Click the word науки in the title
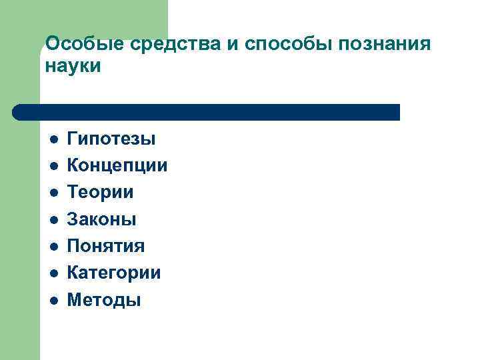click(73, 67)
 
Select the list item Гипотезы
click(111, 139)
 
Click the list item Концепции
click(117, 165)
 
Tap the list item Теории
click(100, 192)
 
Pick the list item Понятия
click(105, 246)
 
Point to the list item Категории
click(113, 273)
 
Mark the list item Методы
click(103, 300)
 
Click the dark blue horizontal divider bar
click(207, 112)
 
